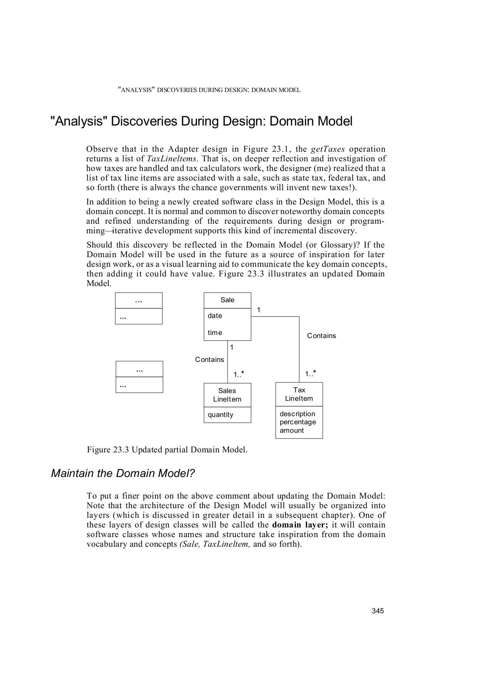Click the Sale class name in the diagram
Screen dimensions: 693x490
coord(227,300)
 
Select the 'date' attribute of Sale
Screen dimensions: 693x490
coord(215,316)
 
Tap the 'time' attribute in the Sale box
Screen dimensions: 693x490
coord(215,333)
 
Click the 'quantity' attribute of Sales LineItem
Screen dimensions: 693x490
coord(221,415)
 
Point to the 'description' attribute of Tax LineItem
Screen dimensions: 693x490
coord(297,414)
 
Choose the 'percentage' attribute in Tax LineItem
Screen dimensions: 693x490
coord(298,422)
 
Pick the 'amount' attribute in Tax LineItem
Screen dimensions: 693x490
coord(292,431)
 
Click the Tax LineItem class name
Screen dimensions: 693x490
coord(299,395)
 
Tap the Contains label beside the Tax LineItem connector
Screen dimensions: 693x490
coord(321,336)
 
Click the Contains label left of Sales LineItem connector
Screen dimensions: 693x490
coord(209,360)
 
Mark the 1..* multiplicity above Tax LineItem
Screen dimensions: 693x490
coord(311,374)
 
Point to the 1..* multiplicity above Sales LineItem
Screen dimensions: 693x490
coord(239,375)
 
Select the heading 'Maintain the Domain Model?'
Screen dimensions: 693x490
coord(123,474)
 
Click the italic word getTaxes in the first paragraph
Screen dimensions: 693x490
coord(328,149)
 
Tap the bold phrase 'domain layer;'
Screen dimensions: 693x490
coord(300,525)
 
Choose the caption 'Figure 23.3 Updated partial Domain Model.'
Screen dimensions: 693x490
coord(167,450)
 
